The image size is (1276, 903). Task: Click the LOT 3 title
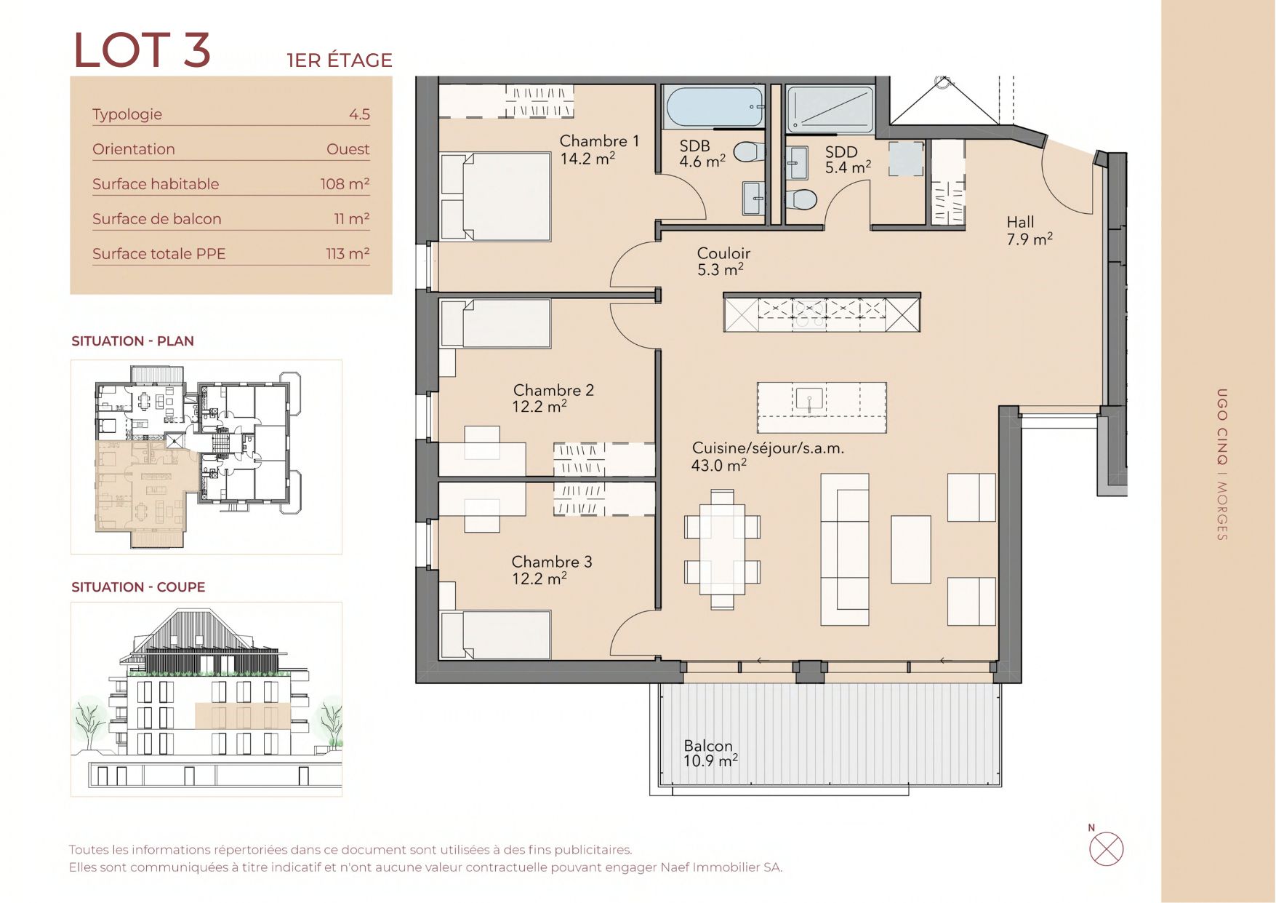point(143,50)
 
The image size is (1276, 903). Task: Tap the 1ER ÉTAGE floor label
point(340,60)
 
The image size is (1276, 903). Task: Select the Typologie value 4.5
point(359,114)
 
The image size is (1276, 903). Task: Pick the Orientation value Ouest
point(348,149)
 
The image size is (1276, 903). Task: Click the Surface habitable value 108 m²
point(345,183)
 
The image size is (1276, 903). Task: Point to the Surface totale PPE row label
point(159,254)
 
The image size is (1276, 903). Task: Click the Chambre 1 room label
point(599,141)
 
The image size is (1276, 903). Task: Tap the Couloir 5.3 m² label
point(723,261)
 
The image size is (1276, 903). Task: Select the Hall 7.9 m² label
point(1030,231)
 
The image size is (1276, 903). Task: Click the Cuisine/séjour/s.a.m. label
point(768,448)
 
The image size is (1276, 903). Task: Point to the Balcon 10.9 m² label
point(710,753)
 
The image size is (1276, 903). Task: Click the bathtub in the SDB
point(715,108)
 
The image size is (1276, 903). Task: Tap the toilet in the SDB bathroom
point(750,152)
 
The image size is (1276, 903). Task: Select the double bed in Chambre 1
point(495,196)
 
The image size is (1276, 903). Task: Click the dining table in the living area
point(722,549)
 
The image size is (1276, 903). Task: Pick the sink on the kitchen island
point(808,399)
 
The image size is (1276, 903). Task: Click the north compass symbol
point(1106,848)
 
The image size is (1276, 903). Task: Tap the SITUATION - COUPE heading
point(138,587)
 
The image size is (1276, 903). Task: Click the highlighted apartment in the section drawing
point(241,716)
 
